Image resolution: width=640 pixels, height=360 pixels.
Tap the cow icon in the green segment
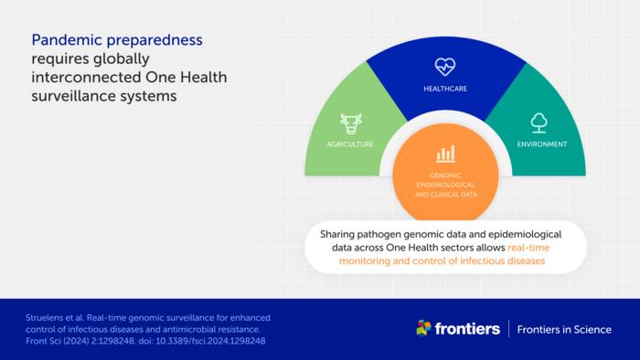(x=350, y=123)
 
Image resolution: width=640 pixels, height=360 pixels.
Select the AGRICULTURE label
(x=350, y=144)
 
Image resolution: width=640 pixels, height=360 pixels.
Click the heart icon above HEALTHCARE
(x=444, y=66)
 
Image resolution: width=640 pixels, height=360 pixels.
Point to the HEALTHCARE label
(x=444, y=90)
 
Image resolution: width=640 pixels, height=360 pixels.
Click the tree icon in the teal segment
(x=539, y=122)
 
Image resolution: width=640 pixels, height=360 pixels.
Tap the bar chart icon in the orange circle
(x=445, y=154)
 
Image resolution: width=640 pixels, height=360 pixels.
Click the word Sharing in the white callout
(x=339, y=235)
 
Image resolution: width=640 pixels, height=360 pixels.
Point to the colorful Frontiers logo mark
(x=423, y=328)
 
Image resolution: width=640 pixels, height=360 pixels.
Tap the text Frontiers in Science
(x=564, y=329)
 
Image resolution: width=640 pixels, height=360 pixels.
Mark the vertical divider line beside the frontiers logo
(x=508, y=329)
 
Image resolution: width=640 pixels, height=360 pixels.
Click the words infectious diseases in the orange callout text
(x=499, y=260)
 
